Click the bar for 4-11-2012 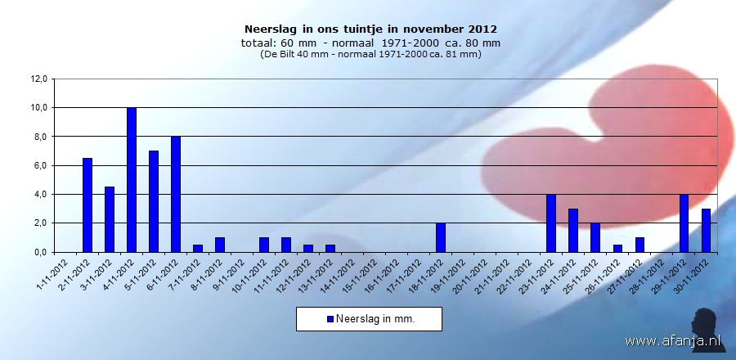click(132, 180)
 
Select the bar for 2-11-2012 click(88, 205)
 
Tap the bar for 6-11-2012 click(176, 194)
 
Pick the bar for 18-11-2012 click(441, 237)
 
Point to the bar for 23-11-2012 click(551, 223)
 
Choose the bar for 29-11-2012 click(684, 223)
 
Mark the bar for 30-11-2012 click(706, 230)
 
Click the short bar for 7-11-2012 click(198, 248)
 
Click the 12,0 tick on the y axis click(40, 79)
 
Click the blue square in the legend click(330, 319)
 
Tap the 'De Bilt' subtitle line click(370, 54)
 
